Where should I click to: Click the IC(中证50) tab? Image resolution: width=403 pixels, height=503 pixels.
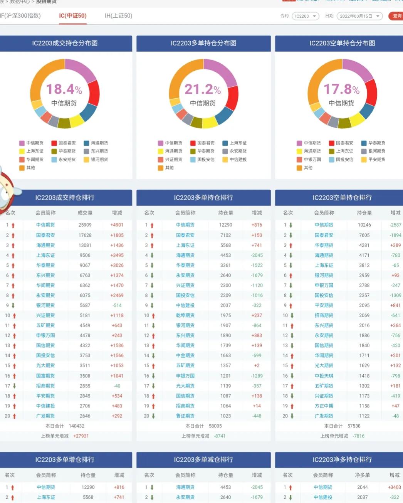coord(72,16)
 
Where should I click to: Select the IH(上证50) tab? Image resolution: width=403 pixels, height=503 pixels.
coord(118,16)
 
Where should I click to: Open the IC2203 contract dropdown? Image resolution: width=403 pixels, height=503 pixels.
coord(305,16)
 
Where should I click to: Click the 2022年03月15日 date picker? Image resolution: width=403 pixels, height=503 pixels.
coord(359,16)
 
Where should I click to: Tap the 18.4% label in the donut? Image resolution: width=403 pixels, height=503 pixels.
coord(64,89)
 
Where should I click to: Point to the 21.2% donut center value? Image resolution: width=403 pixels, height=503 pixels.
coord(203,89)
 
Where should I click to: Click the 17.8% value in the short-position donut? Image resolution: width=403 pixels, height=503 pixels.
coord(341,89)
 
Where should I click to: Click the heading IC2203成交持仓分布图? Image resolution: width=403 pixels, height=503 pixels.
coord(65,43)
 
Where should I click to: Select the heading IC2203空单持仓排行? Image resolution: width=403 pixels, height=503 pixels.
coord(342,198)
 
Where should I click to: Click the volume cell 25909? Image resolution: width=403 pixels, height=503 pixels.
coord(85,225)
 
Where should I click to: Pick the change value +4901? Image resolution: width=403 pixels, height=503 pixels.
coord(117,225)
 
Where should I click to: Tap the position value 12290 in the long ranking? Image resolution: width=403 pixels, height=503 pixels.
coord(225,225)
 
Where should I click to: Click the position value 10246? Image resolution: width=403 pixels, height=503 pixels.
coord(364,225)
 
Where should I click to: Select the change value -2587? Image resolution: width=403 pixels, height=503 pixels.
coord(395,225)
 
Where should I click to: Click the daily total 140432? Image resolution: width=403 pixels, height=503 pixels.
coord(76,426)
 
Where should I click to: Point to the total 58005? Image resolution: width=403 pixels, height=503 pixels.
coord(215,426)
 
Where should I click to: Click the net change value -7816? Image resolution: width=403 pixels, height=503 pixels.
coord(358,436)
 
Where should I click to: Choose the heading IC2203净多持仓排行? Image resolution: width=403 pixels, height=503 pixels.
coord(342,460)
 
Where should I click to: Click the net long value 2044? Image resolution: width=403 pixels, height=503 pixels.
coord(362,488)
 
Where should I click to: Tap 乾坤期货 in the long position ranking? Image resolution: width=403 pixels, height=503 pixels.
coord(185,316)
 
